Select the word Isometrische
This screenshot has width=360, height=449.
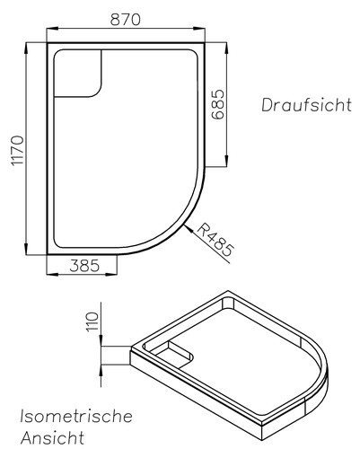[76, 418]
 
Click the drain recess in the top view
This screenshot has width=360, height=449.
[80, 73]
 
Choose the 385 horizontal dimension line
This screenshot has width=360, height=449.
[82, 277]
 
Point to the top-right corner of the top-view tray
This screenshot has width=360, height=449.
[206, 41]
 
